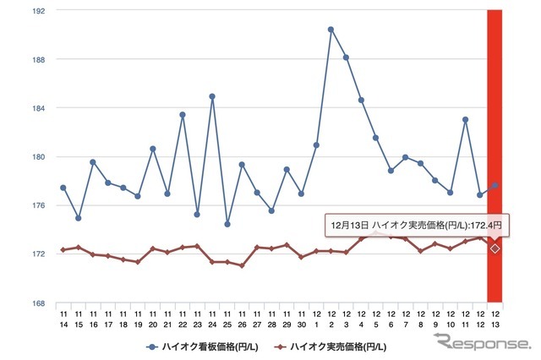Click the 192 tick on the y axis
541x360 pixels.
pyautogui.click(x=40, y=11)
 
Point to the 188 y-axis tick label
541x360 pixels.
pyautogui.click(x=40, y=60)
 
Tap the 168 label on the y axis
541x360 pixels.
pyautogui.click(x=40, y=303)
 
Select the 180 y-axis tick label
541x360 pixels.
pyautogui.click(x=40, y=157)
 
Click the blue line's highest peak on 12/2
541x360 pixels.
pyautogui.click(x=331, y=30)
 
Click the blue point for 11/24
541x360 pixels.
pyautogui.click(x=212, y=96)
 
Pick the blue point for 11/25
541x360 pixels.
pyautogui.click(x=227, y=224)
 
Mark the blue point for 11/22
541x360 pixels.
pyautogui.click(x=183, y=115)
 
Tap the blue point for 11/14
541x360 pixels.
pyautogui.click(x=63, y=188)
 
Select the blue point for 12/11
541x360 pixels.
pyautogui.click(x=465, y=120)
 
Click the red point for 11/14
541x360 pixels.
pyautogui.click(x=63, y=250)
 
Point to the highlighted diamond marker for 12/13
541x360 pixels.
pyautogui.click(x=495, y=248)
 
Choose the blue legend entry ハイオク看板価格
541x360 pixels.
pyautogui.click(x=210, y=346)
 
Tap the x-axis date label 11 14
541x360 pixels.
pyautogui.click(x=63, y=319)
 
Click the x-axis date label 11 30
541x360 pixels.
pyautogui.click(x=301, y=319)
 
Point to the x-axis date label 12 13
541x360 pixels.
pyautogui.click(x=495, y=319)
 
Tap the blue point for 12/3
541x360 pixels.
pyautogui.click(x=346, y=57)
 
